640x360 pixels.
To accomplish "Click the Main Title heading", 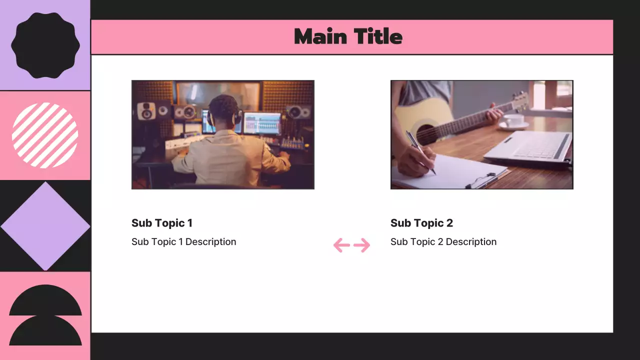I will (x=348, y=37).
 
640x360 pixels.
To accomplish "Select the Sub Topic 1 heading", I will (x=161, y=223).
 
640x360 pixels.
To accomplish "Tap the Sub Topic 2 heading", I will (x=421, y=223).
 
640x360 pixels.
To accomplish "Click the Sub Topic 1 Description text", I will (x=183, y=242).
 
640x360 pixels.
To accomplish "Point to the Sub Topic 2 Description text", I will (x=443, y=242).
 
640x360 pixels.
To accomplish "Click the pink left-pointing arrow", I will (x=341, y=245).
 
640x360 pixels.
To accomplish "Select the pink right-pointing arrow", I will (x=362, y=245).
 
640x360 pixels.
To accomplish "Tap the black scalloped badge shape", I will (x=45, y=45).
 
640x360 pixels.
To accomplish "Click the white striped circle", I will (x=45, y=135).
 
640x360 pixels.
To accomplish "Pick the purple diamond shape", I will (x=45, y=226).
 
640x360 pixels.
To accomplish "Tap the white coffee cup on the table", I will (x=513, y=120).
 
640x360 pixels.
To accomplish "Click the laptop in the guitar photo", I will (x=530, y=147).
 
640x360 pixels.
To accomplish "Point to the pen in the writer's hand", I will (x=420, y=152).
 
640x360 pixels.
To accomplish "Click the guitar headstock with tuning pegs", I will (x=520, y=101).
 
